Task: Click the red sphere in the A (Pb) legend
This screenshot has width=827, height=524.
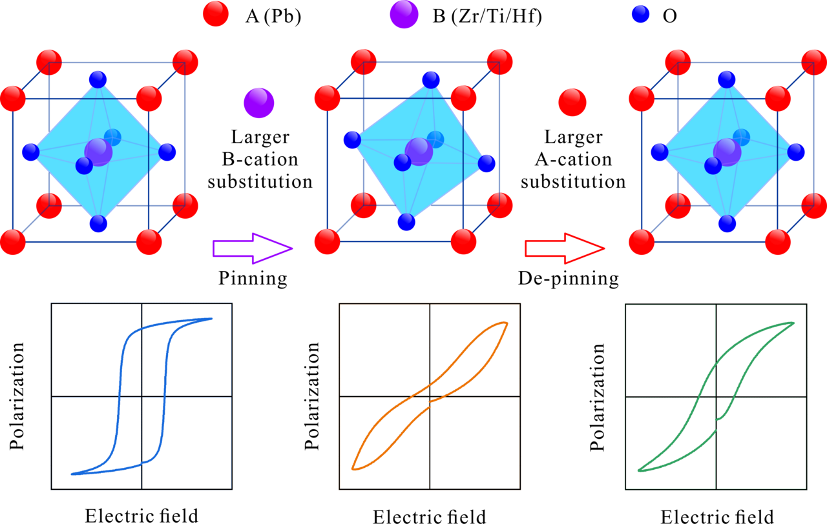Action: click(x=215, y=15)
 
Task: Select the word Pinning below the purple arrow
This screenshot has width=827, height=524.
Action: click(x=253, y=279)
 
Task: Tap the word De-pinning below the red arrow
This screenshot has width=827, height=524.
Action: click(x=569, y=279)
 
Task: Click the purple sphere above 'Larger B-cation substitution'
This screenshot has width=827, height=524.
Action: click(x=259, y=103)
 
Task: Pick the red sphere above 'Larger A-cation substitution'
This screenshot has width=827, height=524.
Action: click(x=572, y=103)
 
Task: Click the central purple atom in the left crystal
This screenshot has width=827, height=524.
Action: click(x=99, y=152)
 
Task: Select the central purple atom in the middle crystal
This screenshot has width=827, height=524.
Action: click(x=419, y=152)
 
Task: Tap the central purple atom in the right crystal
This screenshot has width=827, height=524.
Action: click(x=728, y=152)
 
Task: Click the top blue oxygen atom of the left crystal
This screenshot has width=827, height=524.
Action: click(x=98, y=80)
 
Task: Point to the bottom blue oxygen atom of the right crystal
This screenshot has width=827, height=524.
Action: click(x=727, y=223)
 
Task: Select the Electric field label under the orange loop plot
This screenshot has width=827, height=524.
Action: click(x=429, y=516)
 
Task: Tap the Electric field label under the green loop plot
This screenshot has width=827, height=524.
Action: click(x=717, y=516)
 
